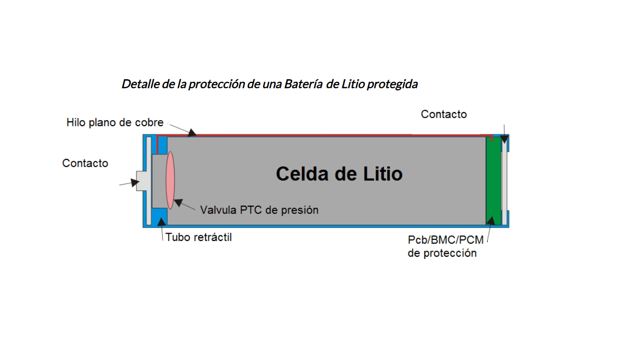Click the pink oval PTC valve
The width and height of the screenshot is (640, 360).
[x=170, y=180]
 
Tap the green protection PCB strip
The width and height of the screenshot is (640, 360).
[x=494, y=181]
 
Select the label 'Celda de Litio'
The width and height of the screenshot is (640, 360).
[x=339, y=174]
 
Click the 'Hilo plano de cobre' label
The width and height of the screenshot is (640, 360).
[x=115, y=123]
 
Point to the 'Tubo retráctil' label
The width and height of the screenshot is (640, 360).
[x=199, y=237]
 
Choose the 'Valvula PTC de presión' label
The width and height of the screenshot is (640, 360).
[x=259, y=210]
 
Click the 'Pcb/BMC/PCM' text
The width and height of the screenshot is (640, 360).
[x=445, y=240]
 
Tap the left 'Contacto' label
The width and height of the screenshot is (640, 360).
[x=85, y=163]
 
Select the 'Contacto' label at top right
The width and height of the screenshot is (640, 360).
[x=444, y=114]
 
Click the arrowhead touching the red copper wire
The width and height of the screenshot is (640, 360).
[x=192, y=133]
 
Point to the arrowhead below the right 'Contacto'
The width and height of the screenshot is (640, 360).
[x=504, y=139]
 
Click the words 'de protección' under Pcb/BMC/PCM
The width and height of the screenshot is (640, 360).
[x=442, y=253]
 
